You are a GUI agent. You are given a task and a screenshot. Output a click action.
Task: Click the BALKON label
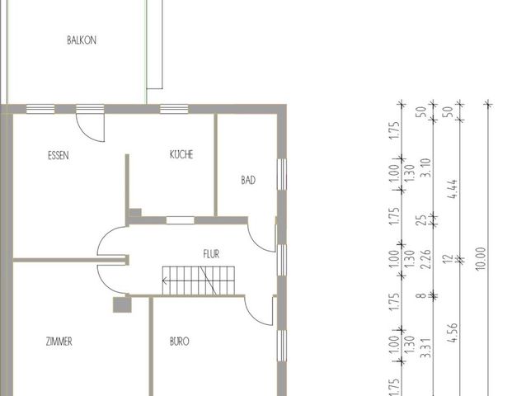(82, 40)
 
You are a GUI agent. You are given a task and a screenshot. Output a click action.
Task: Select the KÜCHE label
(181, 154)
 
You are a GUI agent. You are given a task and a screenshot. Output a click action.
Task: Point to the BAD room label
(247, 180)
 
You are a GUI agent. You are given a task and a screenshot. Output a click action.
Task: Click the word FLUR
(212, 255)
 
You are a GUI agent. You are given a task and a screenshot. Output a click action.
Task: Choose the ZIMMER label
(59, 341)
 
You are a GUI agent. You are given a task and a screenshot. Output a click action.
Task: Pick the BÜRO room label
(181, 341)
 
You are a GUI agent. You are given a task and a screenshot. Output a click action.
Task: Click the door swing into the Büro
(257, 311)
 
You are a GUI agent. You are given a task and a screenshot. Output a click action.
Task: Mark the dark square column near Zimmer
(121, 304)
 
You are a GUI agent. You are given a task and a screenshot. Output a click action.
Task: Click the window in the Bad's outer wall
(281, 183)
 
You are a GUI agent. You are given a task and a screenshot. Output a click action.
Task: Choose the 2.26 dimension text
(425, 265)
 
